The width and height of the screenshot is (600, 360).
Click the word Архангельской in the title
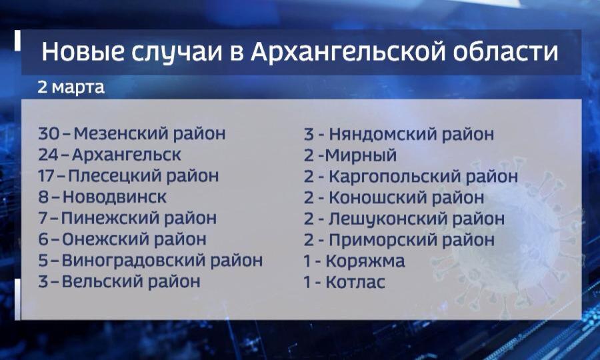coord(348,52)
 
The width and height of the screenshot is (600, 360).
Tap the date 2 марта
coord(71,87)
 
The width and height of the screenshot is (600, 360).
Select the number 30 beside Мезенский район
coord(49,133)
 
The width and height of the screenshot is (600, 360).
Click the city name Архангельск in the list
coord(126,155)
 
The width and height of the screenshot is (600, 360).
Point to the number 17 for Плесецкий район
coord(47,175)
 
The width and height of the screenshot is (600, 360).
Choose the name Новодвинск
coord(115,197)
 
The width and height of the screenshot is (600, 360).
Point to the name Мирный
coord(361,155)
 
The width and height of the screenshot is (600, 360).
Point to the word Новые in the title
coord(83,51)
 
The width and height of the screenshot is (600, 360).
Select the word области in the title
coord(505,53)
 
